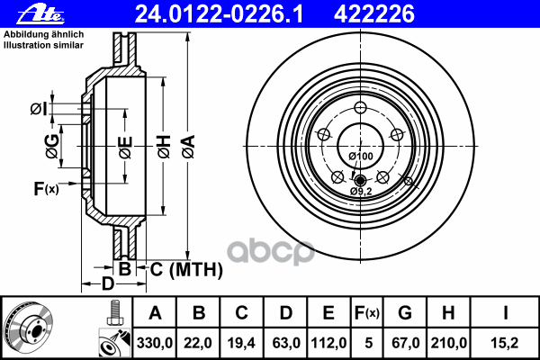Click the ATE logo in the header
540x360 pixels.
click(41, 14)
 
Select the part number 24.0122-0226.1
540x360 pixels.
click(219, 14)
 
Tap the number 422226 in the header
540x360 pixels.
click(374, 14)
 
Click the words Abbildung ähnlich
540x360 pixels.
click(44, 34)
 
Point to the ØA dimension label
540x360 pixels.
click(189, 147)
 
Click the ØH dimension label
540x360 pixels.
click(165, 147)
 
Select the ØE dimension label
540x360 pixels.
click(125, 148)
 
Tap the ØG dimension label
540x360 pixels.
click(52, 147)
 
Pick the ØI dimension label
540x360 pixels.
click(38, 109)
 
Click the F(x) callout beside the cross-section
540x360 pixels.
click(46, 188)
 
